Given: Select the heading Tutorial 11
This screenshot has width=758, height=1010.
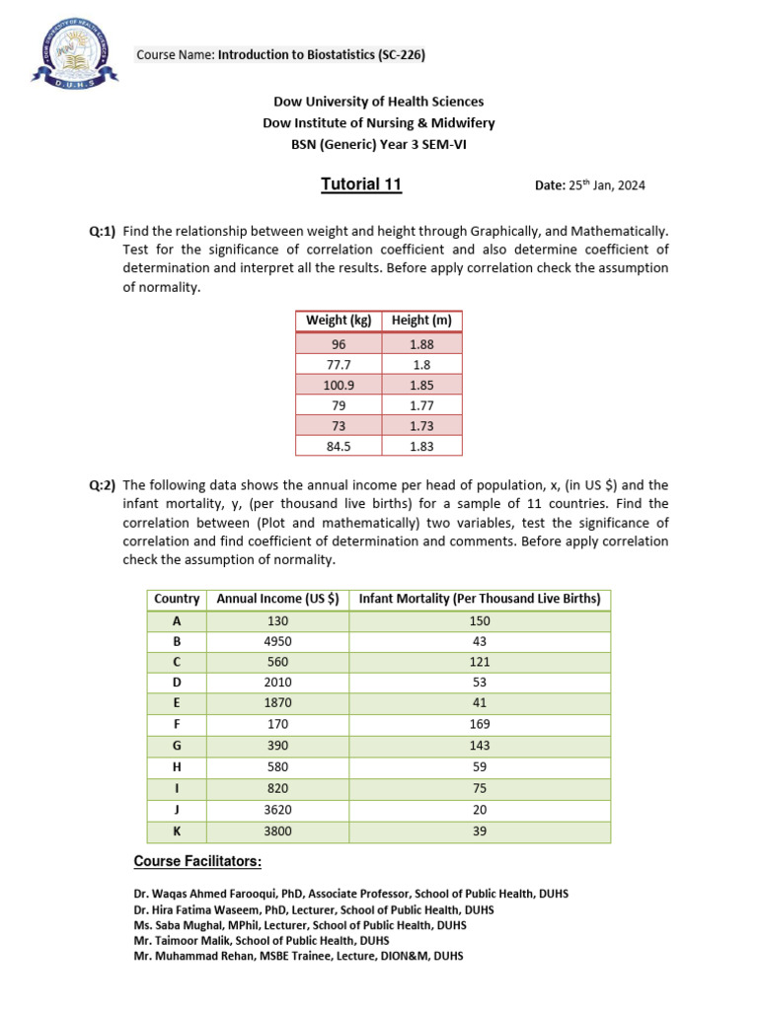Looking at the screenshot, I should [x=361, y=184].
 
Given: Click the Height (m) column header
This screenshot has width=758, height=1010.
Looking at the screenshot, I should [x=421, y=320].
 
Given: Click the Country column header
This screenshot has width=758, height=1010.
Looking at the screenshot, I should [x=177, y=599].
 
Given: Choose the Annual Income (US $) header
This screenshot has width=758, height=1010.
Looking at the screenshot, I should [x=277, y=599].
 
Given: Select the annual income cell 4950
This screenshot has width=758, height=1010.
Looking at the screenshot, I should [x=277, y=642].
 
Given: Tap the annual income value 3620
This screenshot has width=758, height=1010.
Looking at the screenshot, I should [x=277, y=810].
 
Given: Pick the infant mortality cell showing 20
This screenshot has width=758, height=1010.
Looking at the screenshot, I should [x=480, y=810].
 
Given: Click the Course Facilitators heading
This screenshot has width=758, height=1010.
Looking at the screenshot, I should [x=197, y=862].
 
